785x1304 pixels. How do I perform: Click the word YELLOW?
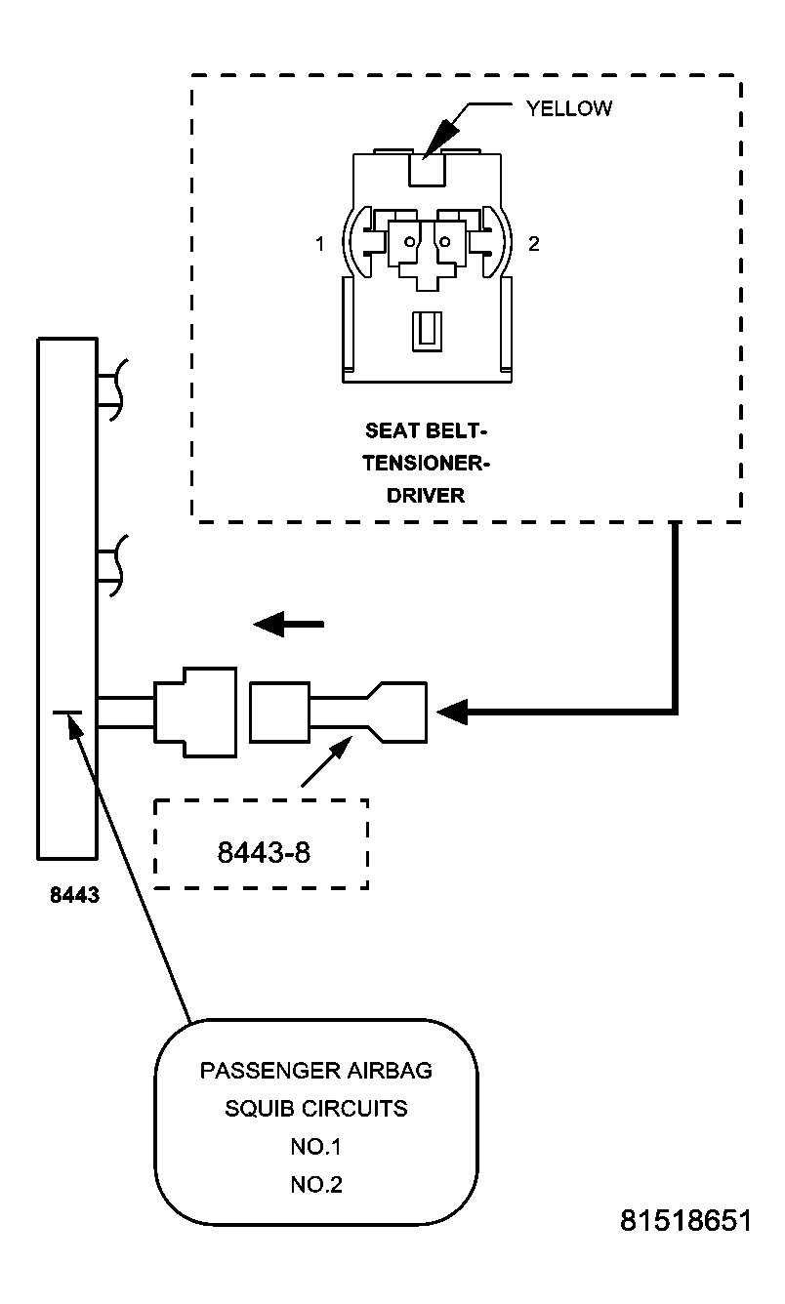(x=569, y=108)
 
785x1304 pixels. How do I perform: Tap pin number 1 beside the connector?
(x=319, y=244)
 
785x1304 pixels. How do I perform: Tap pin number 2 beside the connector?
(x=533, y=244)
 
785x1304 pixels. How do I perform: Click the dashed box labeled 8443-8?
(x=262, y=844)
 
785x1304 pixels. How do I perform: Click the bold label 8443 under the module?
(x=75, y=894)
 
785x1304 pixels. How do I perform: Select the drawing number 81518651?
(x=685, y=1221)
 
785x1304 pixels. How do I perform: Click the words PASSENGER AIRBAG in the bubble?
(x=315, y=1071)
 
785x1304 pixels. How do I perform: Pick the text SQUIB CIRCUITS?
(x=315, y=1109)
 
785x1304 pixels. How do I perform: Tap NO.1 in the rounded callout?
(x=315, y=1147)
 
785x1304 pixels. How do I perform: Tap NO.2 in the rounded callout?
(x=315, y=1185)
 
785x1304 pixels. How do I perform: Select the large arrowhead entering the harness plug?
(x=453, y=713)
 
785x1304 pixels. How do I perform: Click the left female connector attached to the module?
(x=195, y=712)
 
